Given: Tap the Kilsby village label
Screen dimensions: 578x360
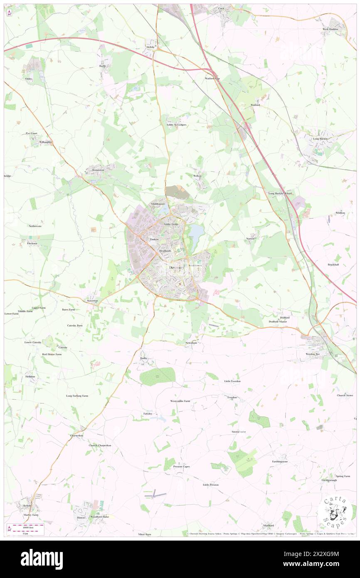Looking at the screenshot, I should [151, 47].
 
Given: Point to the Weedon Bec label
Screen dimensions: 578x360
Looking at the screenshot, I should [311, 354].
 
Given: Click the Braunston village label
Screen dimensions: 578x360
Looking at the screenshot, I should [98, 170].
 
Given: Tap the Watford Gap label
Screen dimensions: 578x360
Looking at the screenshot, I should [212, 78].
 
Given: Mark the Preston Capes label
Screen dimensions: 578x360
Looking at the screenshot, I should [181, 467].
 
